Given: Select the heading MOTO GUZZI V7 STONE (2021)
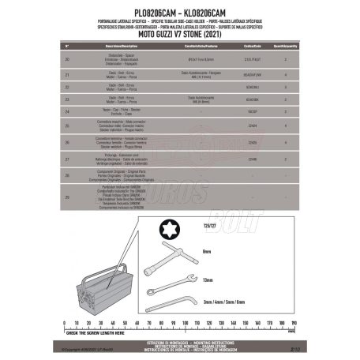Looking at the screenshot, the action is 179,36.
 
